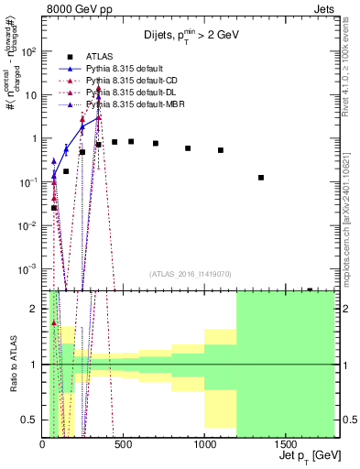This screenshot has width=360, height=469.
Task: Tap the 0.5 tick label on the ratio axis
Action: (31, 420)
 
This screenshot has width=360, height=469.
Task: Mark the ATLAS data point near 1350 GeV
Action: (261, 178)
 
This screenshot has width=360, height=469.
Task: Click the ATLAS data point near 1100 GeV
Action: (221, 150)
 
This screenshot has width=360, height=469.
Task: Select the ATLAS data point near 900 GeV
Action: (188, 147)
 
